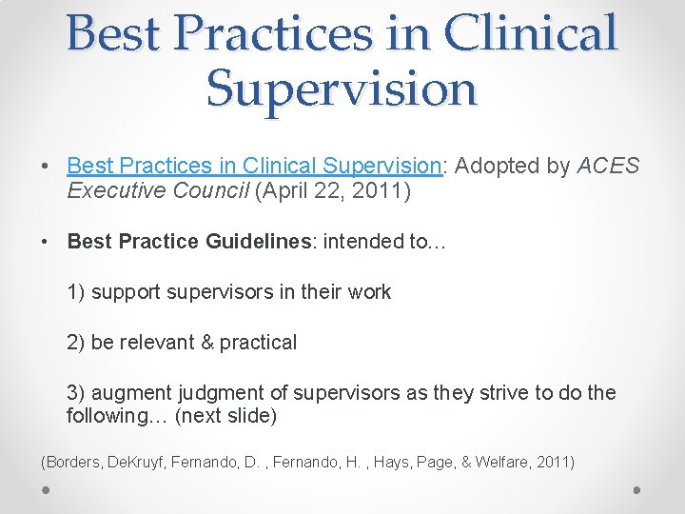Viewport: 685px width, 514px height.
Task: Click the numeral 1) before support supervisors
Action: click(x=76, y=292)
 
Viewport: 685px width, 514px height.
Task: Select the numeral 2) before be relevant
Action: click(x=76, y=343)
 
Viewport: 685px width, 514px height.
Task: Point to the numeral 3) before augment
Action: click(x=76, y=393)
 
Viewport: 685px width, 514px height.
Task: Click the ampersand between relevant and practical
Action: click(x=206, y=343)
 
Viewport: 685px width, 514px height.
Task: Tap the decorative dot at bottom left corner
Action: click(x=46, y=489)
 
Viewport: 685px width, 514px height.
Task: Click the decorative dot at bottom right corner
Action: click(x=637, y=489)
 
